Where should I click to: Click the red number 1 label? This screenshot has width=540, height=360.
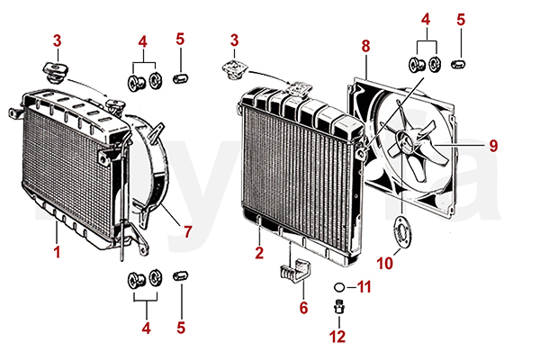(57, 252)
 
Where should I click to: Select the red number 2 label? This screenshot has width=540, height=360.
(259, 253)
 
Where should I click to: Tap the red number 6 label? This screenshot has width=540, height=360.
(303, 307)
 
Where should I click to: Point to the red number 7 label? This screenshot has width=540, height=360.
(187, 231)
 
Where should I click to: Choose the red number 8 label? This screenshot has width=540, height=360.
(365, 44)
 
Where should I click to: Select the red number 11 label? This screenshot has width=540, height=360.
(364, 287)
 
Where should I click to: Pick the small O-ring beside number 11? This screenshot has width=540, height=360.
(337, 288)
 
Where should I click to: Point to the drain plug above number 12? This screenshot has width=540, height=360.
(338, 309)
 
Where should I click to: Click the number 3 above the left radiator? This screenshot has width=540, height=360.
(57, 40)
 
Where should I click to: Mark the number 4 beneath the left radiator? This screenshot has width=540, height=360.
(145, 328)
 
